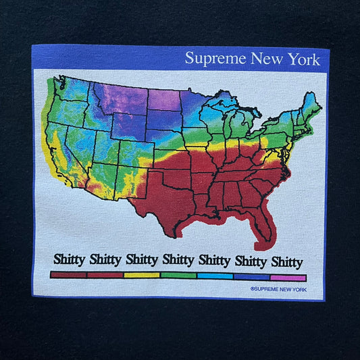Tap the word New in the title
coord(267,59)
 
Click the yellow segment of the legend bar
coord(142,276)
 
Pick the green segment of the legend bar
coord(178,276)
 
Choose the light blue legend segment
coord(215,276)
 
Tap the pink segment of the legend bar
coord(288,276)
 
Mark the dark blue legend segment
coord(251,276)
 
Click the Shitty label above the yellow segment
coord(142,260)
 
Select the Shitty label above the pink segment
coord(287,262)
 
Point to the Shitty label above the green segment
coord(178,260)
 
